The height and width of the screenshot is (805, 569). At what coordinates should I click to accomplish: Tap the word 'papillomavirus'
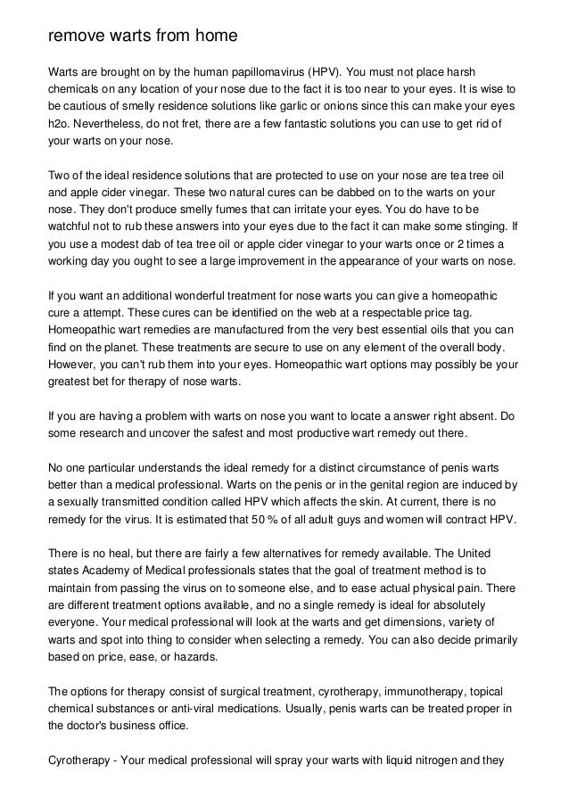tap(257, 70)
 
